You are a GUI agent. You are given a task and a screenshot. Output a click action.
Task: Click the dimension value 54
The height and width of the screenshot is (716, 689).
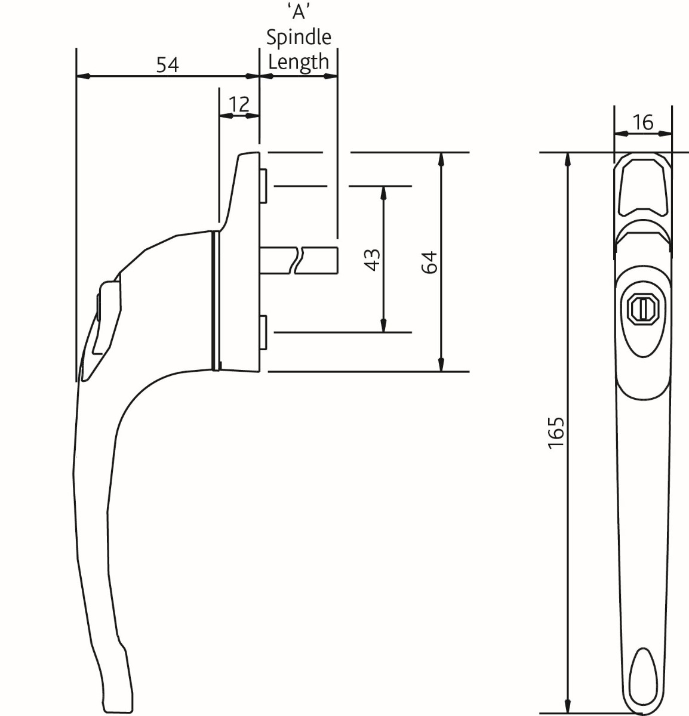168,64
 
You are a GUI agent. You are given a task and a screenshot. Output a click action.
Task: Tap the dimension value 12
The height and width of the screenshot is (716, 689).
239,104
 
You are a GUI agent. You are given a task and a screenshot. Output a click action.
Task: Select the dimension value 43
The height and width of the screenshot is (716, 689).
372,260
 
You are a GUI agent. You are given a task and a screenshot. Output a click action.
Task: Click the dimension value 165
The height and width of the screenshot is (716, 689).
555,433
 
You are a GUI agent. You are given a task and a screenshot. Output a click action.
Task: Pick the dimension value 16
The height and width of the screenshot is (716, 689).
642,122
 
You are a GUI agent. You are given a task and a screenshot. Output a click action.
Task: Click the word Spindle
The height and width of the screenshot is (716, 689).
299,38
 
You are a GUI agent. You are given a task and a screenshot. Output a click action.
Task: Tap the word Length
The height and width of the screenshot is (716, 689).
299,61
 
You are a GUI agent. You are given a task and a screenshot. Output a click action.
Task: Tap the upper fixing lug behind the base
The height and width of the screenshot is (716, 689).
263,186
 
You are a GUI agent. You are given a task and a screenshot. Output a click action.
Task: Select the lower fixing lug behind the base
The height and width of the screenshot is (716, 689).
263,332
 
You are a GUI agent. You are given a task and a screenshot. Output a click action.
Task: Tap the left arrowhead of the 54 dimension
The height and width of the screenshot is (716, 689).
84,76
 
